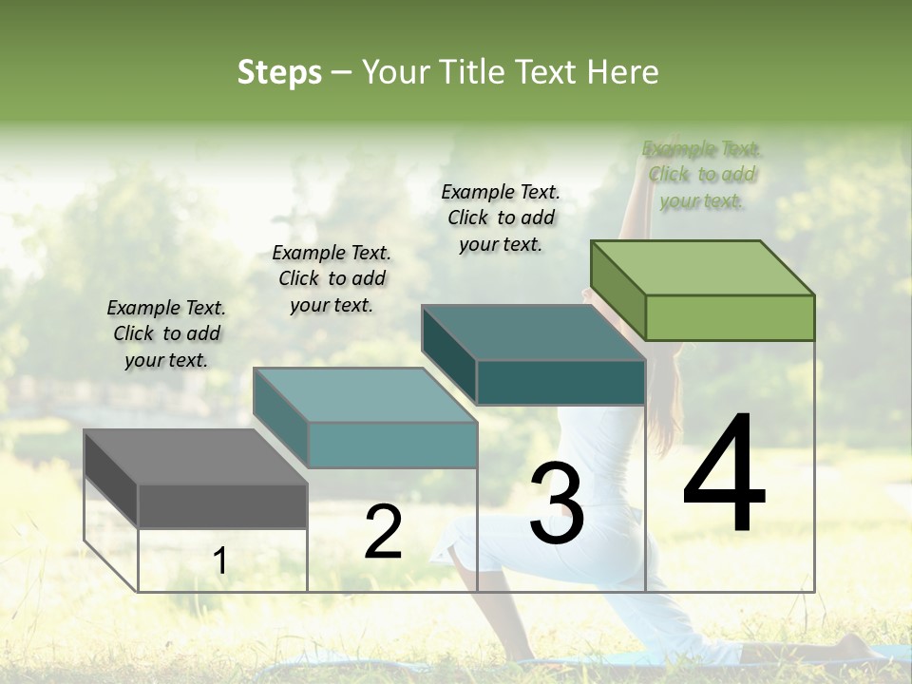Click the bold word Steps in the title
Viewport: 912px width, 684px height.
(x=279, y=72)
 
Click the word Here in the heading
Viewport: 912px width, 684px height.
(x=623, y=72)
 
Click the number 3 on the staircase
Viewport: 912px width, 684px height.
(x=557, y=503)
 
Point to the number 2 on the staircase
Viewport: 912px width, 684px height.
(x=383, y=532)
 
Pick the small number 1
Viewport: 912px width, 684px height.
(x=219, y=561)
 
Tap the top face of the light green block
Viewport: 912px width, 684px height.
(x=703, y=267)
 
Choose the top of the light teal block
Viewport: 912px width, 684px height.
(x=365, y=394)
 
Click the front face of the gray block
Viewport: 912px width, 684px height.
(x=222, y=505)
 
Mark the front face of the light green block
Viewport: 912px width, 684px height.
(x=730, y=317)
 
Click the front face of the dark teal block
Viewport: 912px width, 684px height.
(x=560, y=382)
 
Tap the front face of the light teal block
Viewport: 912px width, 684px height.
(x=392, y=445)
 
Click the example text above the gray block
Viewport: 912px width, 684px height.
(x=166, y=333)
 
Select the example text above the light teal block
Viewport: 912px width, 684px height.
(x=332, y=278)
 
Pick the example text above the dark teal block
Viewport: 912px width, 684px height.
(x=501, y=218)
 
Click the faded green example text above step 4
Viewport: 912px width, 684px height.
(x=701, y=175)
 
